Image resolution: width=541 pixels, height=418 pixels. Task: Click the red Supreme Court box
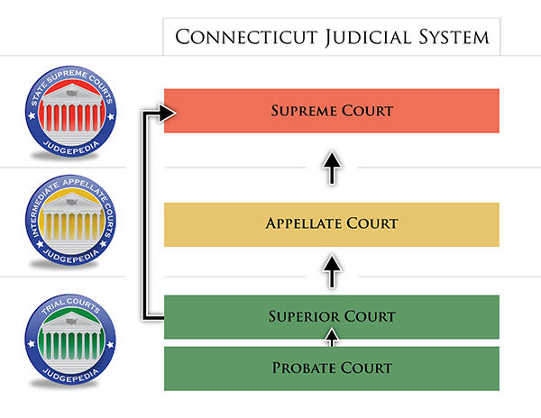(332, 111)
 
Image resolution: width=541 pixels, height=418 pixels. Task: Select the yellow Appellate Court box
(332, 224)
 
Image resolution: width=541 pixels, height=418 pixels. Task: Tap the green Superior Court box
(332, 317)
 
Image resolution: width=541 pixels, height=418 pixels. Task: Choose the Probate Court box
(332, 368)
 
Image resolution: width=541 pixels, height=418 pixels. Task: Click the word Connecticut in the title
(246, 37)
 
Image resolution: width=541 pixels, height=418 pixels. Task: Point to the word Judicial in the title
(368, 37)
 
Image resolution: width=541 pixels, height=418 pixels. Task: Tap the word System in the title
(454, 37)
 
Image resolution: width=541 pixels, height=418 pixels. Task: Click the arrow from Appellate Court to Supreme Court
(332, 168)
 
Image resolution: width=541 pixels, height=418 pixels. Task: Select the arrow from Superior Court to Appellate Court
(332, 271)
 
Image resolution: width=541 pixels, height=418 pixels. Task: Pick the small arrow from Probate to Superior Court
(332, 337)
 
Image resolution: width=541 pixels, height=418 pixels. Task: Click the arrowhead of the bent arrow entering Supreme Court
(168, 113)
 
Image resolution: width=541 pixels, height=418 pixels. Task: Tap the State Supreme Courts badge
(70, 112)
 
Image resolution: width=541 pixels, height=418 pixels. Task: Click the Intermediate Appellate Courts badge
(70, 220)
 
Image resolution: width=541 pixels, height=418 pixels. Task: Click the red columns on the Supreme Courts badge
(72, 118)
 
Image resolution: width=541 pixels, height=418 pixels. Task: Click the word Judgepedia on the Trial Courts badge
(70, 376)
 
